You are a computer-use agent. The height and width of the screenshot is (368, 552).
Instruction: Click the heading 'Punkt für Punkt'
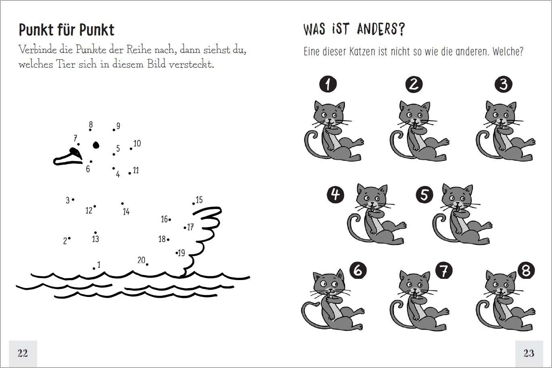click(x=67, y=30)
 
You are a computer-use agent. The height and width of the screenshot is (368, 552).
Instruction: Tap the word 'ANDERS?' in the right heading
click(x=381, y=29)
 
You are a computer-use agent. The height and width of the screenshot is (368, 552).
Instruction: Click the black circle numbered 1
click(x=328, y=84)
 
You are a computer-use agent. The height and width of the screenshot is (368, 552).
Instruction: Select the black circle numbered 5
click(x=424, y=194)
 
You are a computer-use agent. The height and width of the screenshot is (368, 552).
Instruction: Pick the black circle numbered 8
click(x=526, y=270)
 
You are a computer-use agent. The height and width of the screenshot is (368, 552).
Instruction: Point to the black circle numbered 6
click(x=358, y=270)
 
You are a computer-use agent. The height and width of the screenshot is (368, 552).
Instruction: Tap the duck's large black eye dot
click(x=96, y=145)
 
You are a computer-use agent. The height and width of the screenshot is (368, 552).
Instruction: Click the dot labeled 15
click(x=194, y=204)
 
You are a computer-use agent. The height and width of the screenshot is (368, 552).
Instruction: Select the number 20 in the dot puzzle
click(x=142, y=260)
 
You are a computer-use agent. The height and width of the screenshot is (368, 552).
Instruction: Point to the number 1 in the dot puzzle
click(x=99, y=265)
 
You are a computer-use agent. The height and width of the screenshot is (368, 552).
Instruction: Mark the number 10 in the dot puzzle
click(x=137, y=143)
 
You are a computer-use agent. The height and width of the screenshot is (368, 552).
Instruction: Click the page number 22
click(x=23, y=353)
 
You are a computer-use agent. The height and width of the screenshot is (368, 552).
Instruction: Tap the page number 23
click(x=529, y=353)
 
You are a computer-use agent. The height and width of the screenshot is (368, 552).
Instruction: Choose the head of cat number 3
click(x=500, y=113)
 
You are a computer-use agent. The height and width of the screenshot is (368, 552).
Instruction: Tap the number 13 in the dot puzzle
click(x=96, y=239)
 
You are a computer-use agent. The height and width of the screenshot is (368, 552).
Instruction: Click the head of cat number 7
click(x=414, y=284)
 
